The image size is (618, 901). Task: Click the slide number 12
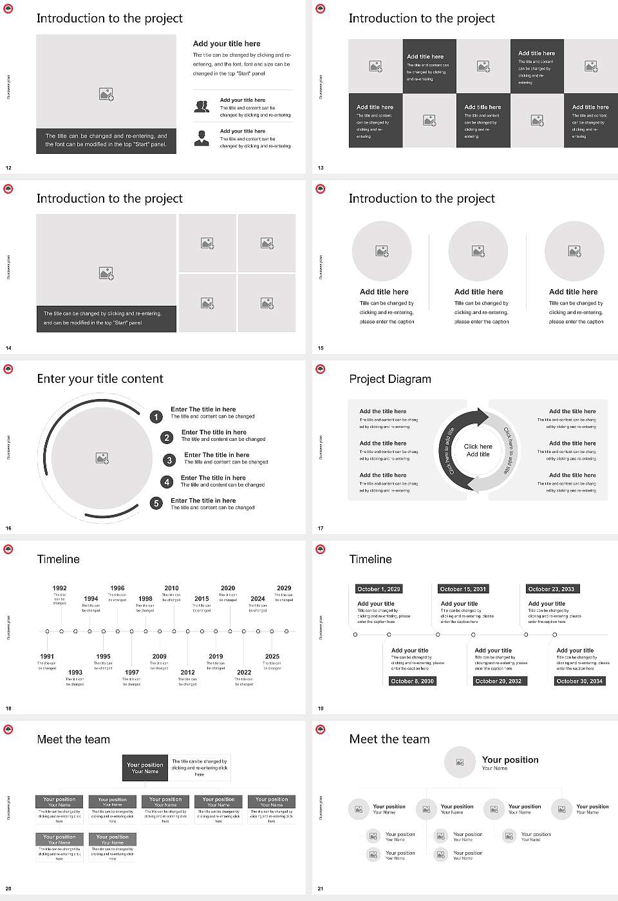click(8, 168)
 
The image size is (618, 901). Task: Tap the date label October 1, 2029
click(379, 589)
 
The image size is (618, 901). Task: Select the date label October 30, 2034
click(579, 681)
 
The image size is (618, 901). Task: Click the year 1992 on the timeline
click(59, 588)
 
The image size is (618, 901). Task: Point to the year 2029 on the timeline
click(284, 588)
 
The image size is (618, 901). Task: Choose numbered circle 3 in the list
click(169, 460)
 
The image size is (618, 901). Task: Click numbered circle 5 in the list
click(156, 503)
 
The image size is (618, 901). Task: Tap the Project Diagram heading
click(390, 379)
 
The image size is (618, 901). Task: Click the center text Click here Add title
click(478, 450)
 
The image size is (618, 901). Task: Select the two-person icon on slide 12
click(201, 107)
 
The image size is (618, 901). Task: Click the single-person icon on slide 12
click(201, 138)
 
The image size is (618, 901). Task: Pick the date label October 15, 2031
click(463, 589)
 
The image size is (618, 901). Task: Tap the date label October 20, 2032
click(498, 681)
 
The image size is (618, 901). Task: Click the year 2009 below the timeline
click(159, 656)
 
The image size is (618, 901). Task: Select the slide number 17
click(321, 528)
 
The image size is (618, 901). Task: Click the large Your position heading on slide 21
click(510, 760)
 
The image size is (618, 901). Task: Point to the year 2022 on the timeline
click(244, 672)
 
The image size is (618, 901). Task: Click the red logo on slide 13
click(321, 8)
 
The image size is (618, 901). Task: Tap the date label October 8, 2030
click(413, 681)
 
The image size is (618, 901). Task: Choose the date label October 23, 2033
click(551, 589)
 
